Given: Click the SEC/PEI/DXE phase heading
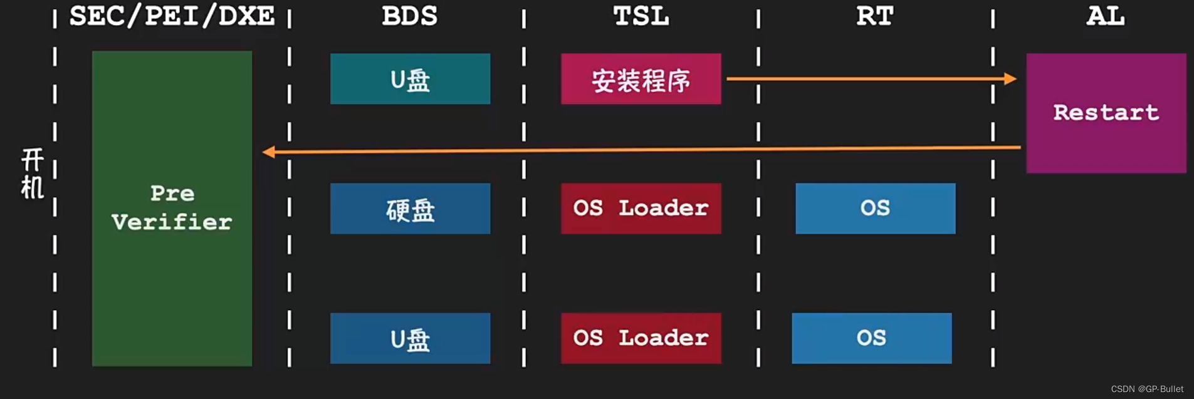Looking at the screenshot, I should pyautogui.click(x=172, y=16).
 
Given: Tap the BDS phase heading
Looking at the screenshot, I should pyautogui.click(x=409, y=16).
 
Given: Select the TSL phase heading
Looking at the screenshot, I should pyautogui.click(x=641, y=16).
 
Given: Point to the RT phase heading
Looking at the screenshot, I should pyautogui.click(x=874, y=16).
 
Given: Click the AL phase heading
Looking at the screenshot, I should pyautogui.click(x=1106, y=16).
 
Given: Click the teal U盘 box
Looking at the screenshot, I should pyautogui.click(x=410, y=79).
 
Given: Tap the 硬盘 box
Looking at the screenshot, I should pyautogui.click(x=410, y=209).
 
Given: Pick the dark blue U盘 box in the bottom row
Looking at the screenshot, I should pyautogui.click(x=410, y=338).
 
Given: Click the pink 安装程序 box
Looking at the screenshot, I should pyautogui.click(x=641, y=79).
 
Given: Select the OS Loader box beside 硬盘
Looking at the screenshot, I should pyautogui.click(x=641, y=209).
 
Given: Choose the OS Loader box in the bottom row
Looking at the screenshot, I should pyautogui.click(x=641, y=338).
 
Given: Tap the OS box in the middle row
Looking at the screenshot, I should pyautogui.click(x=875, y=209).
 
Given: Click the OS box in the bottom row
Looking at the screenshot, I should pyautogui.click(x=871, y=338).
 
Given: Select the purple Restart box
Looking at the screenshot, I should pyautogui.click(x=1106, y=113).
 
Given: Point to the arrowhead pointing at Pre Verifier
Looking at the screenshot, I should pyautogui.click(x=268, y=152).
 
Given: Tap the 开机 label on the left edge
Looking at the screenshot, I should pyautogui.click(x=33, y=174).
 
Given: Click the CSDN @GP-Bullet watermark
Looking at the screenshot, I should pyautogui.click(x=1147, y=389).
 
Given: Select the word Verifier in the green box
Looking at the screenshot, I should pyautogui.click(x=172, y=222).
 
